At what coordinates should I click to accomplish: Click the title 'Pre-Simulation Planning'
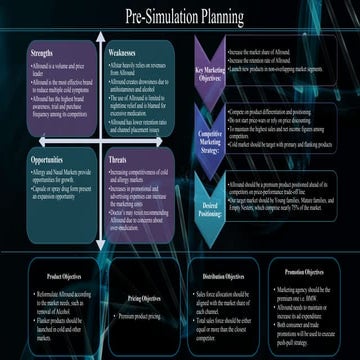(x=180, y=16)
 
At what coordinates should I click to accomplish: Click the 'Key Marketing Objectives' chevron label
(x=209, y=75)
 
